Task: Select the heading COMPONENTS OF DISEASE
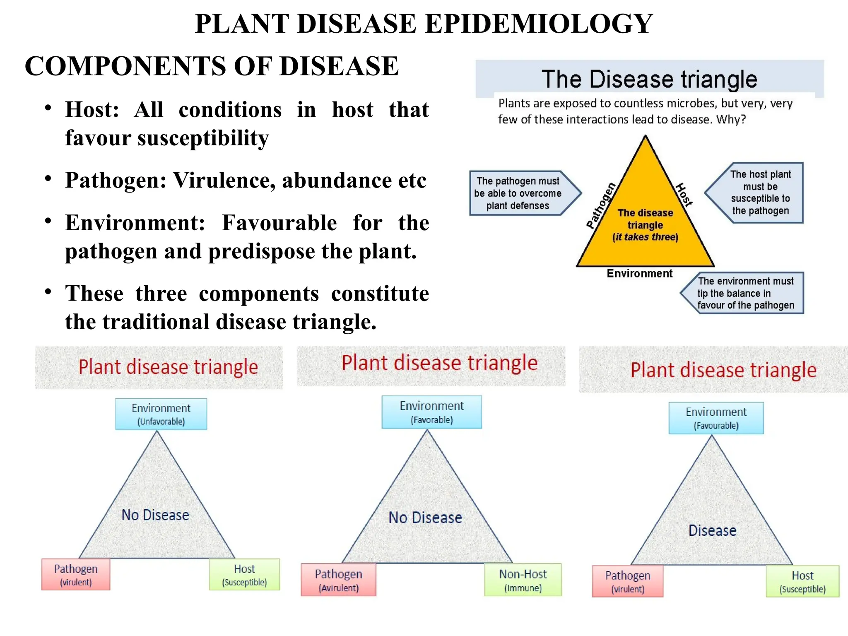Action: (211, 66)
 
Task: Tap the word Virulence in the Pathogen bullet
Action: (224, 181)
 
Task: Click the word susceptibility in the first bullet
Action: (203, 138)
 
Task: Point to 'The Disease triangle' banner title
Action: (649, 79)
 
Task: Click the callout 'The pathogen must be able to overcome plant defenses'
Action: (518, 193)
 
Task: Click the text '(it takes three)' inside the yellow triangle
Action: (645, 237)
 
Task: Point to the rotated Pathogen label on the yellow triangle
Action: (601, 205)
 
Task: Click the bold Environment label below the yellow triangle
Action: (639, 273)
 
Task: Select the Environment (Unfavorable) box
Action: (161, 414)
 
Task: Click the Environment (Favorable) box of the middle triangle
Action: (431, 412)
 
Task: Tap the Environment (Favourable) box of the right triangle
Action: (716, 418)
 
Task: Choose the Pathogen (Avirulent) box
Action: (338, 580)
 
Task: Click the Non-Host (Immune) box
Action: (523, 580)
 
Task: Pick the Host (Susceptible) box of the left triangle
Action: (244, 575)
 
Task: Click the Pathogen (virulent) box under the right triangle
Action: (627, 581)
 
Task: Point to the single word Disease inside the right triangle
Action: (712, 531)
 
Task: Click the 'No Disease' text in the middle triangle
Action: (425, 518)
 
